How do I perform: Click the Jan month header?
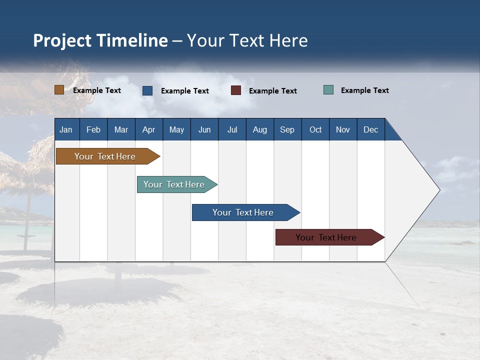(66, 129)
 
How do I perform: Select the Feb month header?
(93, 129)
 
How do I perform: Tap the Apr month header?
(148, 129)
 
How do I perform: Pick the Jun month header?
(204, 129)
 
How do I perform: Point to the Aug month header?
(259, 129)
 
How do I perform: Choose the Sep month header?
(287, 129)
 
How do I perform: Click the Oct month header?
(315, 129)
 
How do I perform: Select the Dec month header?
(370, 129)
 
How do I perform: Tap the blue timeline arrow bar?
(243, 212)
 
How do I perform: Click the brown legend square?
(59, 90)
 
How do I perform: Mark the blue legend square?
(147, 90)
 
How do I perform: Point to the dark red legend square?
(236, 90)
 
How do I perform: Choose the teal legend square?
(328, 90)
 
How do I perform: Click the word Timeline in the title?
(131, 40)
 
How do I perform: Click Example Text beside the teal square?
(364, 90)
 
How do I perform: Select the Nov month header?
(343, 129)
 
